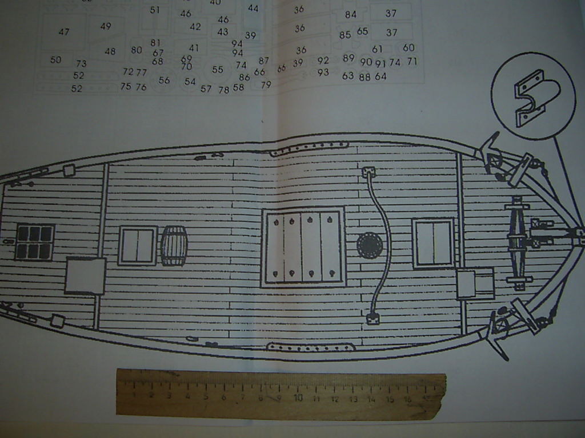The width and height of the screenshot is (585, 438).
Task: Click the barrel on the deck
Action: tap(174, 246)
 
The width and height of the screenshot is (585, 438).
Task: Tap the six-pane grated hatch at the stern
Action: tap(35, 242)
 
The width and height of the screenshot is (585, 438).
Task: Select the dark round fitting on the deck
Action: tap(370, 245)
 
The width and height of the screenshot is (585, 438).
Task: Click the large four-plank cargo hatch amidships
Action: tap(303, 246)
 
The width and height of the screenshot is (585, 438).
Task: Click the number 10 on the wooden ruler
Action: tap(298, 398)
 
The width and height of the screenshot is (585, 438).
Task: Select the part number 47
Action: tap(64, 32)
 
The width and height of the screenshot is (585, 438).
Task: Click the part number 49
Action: tap(106, 26)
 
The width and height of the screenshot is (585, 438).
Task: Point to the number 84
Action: tap(351, 15)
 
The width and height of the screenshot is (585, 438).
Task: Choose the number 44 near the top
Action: tap(253, 9)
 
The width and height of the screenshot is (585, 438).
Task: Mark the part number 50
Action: tap(55, 60)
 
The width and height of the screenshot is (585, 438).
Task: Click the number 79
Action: tap(266, 85)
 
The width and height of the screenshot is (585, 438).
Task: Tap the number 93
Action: tap(323, 72)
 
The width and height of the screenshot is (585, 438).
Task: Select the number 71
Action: tap(412, 62)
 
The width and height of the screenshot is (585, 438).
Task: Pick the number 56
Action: tap(164, 80)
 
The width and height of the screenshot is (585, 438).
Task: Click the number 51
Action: tap(155, 10)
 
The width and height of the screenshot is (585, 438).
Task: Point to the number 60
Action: tap(408, 48)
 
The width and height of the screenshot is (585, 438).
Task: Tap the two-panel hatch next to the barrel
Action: tap(138, 246)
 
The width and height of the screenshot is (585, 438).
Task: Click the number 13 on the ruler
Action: tap(352, 399)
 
